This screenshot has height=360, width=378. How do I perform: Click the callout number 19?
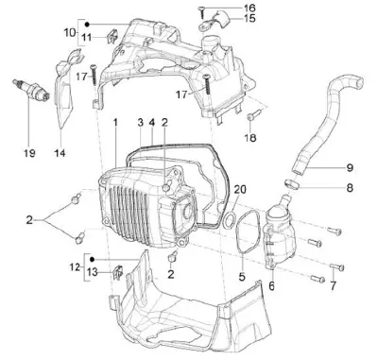29,153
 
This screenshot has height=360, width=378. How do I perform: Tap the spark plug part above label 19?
31,90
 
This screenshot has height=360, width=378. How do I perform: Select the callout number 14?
60,153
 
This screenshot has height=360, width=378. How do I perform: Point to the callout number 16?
249,8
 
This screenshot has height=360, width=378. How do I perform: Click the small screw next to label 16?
201,12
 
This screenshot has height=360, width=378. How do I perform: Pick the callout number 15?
249,18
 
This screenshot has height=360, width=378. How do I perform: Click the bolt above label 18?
254,114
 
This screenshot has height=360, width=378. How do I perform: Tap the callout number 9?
350,168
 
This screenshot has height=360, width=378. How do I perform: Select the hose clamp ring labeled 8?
293,184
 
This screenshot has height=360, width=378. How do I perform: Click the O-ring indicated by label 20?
229,219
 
